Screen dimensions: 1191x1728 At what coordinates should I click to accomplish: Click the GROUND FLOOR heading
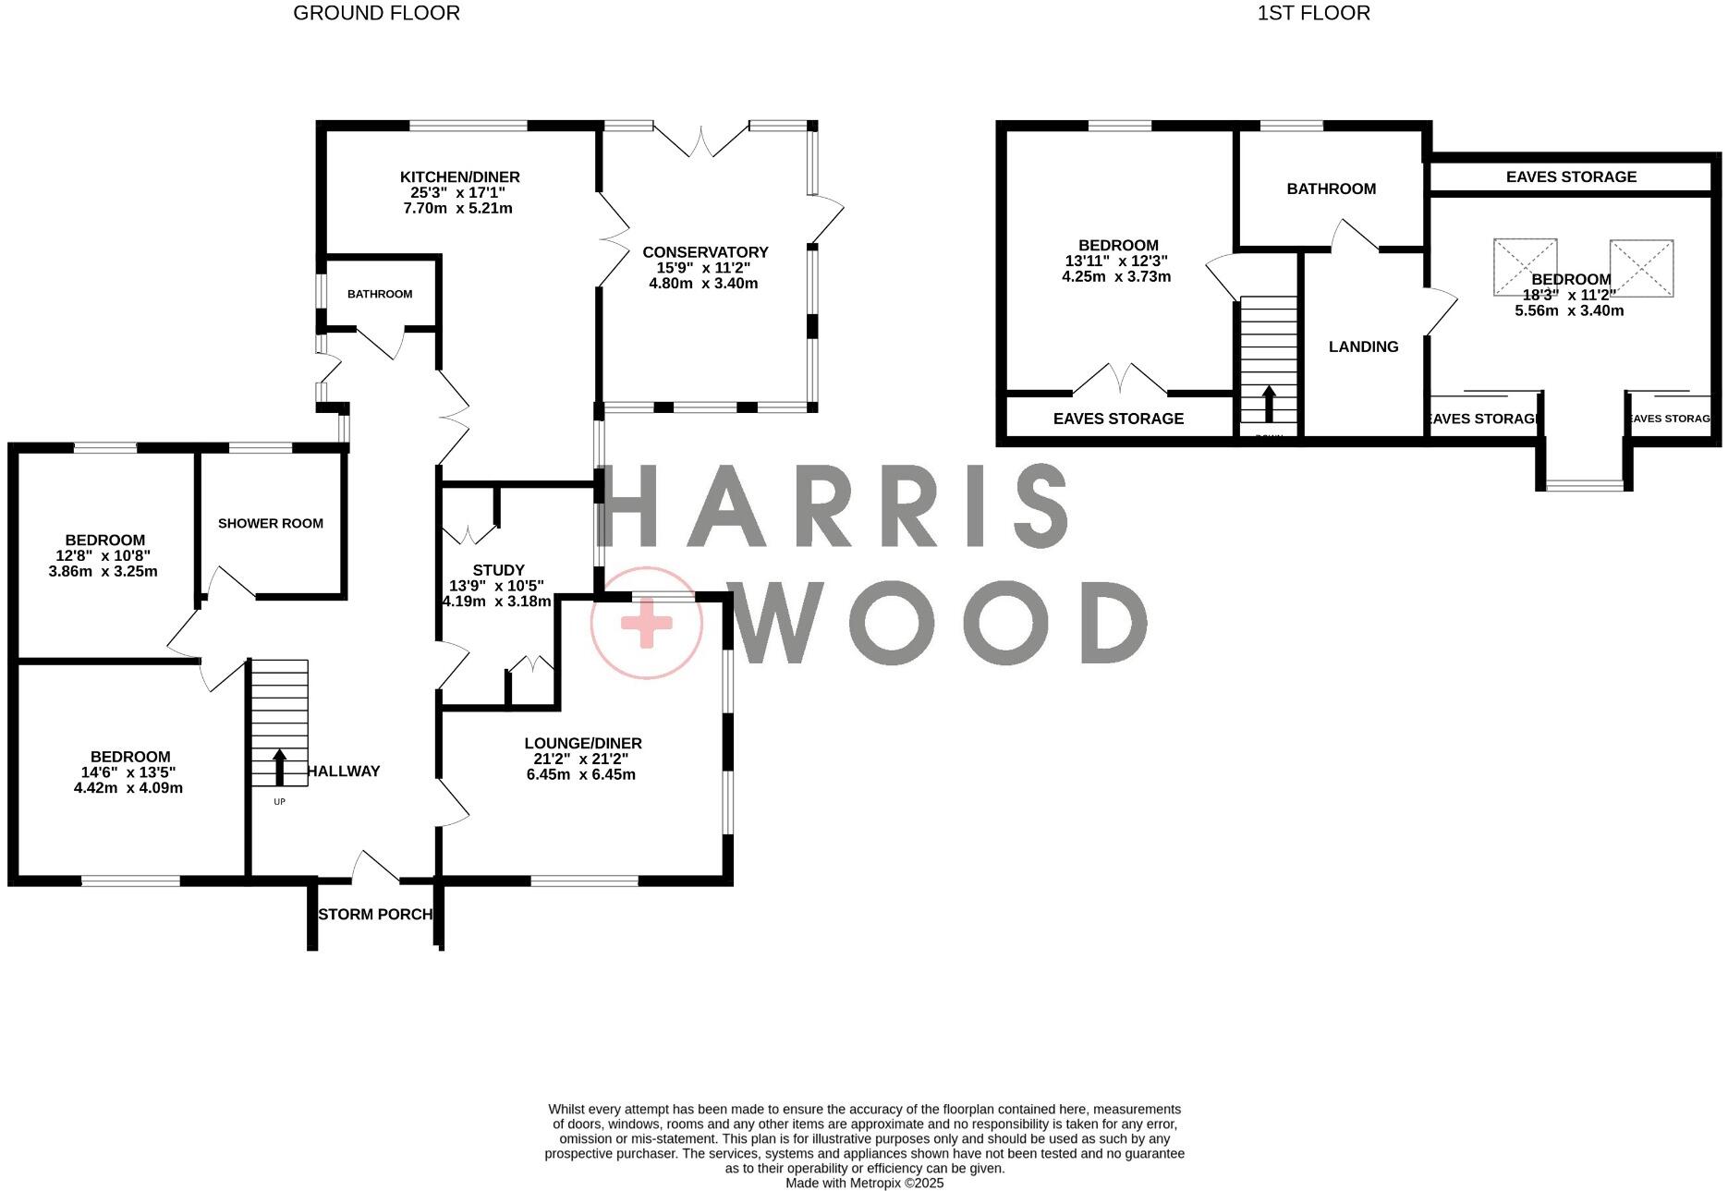376,13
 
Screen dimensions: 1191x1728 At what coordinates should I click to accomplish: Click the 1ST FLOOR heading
1313,13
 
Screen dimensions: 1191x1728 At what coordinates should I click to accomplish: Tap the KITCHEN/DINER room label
459,177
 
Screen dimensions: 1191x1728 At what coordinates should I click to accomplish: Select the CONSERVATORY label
705,252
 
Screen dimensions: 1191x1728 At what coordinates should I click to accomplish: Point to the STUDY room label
498,570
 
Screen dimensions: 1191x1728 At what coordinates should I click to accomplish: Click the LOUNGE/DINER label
582,743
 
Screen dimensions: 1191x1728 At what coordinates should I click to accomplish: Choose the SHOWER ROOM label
271,523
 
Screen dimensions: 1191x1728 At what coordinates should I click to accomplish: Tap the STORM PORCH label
375,914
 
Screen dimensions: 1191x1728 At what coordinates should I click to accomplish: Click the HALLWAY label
344,771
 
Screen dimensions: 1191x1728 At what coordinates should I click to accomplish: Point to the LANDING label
1363,346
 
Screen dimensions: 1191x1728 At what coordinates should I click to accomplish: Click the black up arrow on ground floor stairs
279,767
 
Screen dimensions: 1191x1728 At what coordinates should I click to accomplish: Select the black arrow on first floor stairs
1269,403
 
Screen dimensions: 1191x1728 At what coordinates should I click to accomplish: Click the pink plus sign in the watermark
647,622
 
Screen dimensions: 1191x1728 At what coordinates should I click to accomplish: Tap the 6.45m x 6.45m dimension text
580,774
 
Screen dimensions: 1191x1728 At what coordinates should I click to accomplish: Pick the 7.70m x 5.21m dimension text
457,209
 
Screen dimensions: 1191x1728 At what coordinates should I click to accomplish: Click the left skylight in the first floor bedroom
1525,268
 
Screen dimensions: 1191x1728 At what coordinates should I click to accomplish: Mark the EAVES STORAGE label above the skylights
1570,176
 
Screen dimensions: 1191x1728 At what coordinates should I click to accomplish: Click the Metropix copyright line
864,1183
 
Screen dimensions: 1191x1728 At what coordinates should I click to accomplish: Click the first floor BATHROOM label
1331,188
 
